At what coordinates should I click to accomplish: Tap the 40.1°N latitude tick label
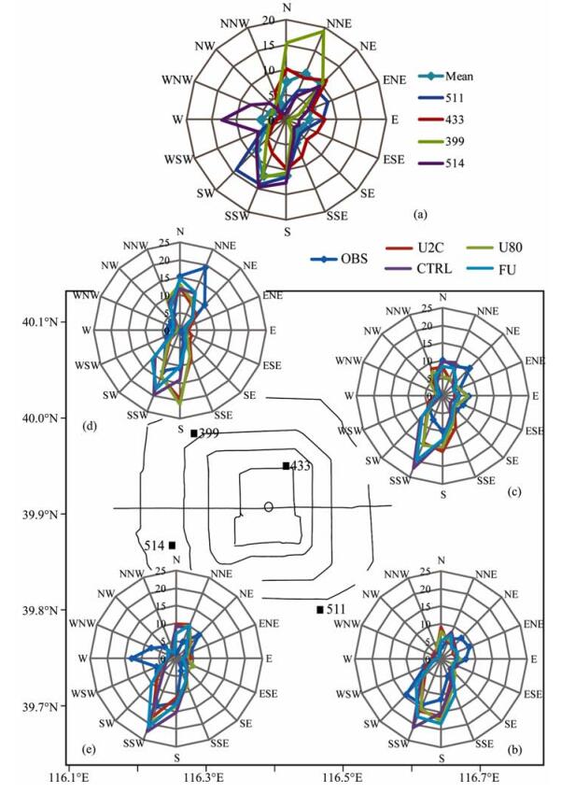38,322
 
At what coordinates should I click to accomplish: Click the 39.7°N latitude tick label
38,707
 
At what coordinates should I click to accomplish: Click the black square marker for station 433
286,465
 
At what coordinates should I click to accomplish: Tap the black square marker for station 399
193,433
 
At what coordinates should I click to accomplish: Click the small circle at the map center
269,507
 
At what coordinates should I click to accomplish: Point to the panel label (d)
91,429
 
